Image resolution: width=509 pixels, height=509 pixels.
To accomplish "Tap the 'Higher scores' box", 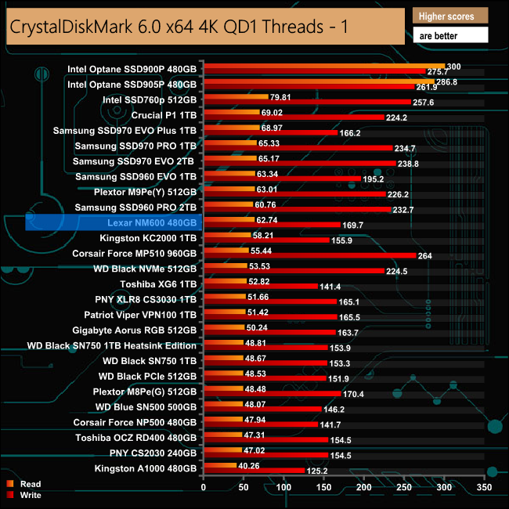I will [449, 16].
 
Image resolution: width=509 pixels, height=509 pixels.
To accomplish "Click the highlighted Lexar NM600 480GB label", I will [150, 223].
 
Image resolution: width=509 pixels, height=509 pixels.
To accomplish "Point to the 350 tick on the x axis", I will [485, 487].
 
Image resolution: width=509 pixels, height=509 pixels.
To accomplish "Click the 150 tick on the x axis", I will [324, 487].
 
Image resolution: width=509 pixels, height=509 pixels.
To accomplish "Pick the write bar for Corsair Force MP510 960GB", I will [309, 254].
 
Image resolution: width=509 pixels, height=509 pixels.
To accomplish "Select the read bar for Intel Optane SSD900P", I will [323, 67].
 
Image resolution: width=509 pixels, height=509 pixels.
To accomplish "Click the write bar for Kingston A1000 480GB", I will [254, 471].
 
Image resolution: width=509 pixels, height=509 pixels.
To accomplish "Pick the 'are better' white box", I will [449, 34].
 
